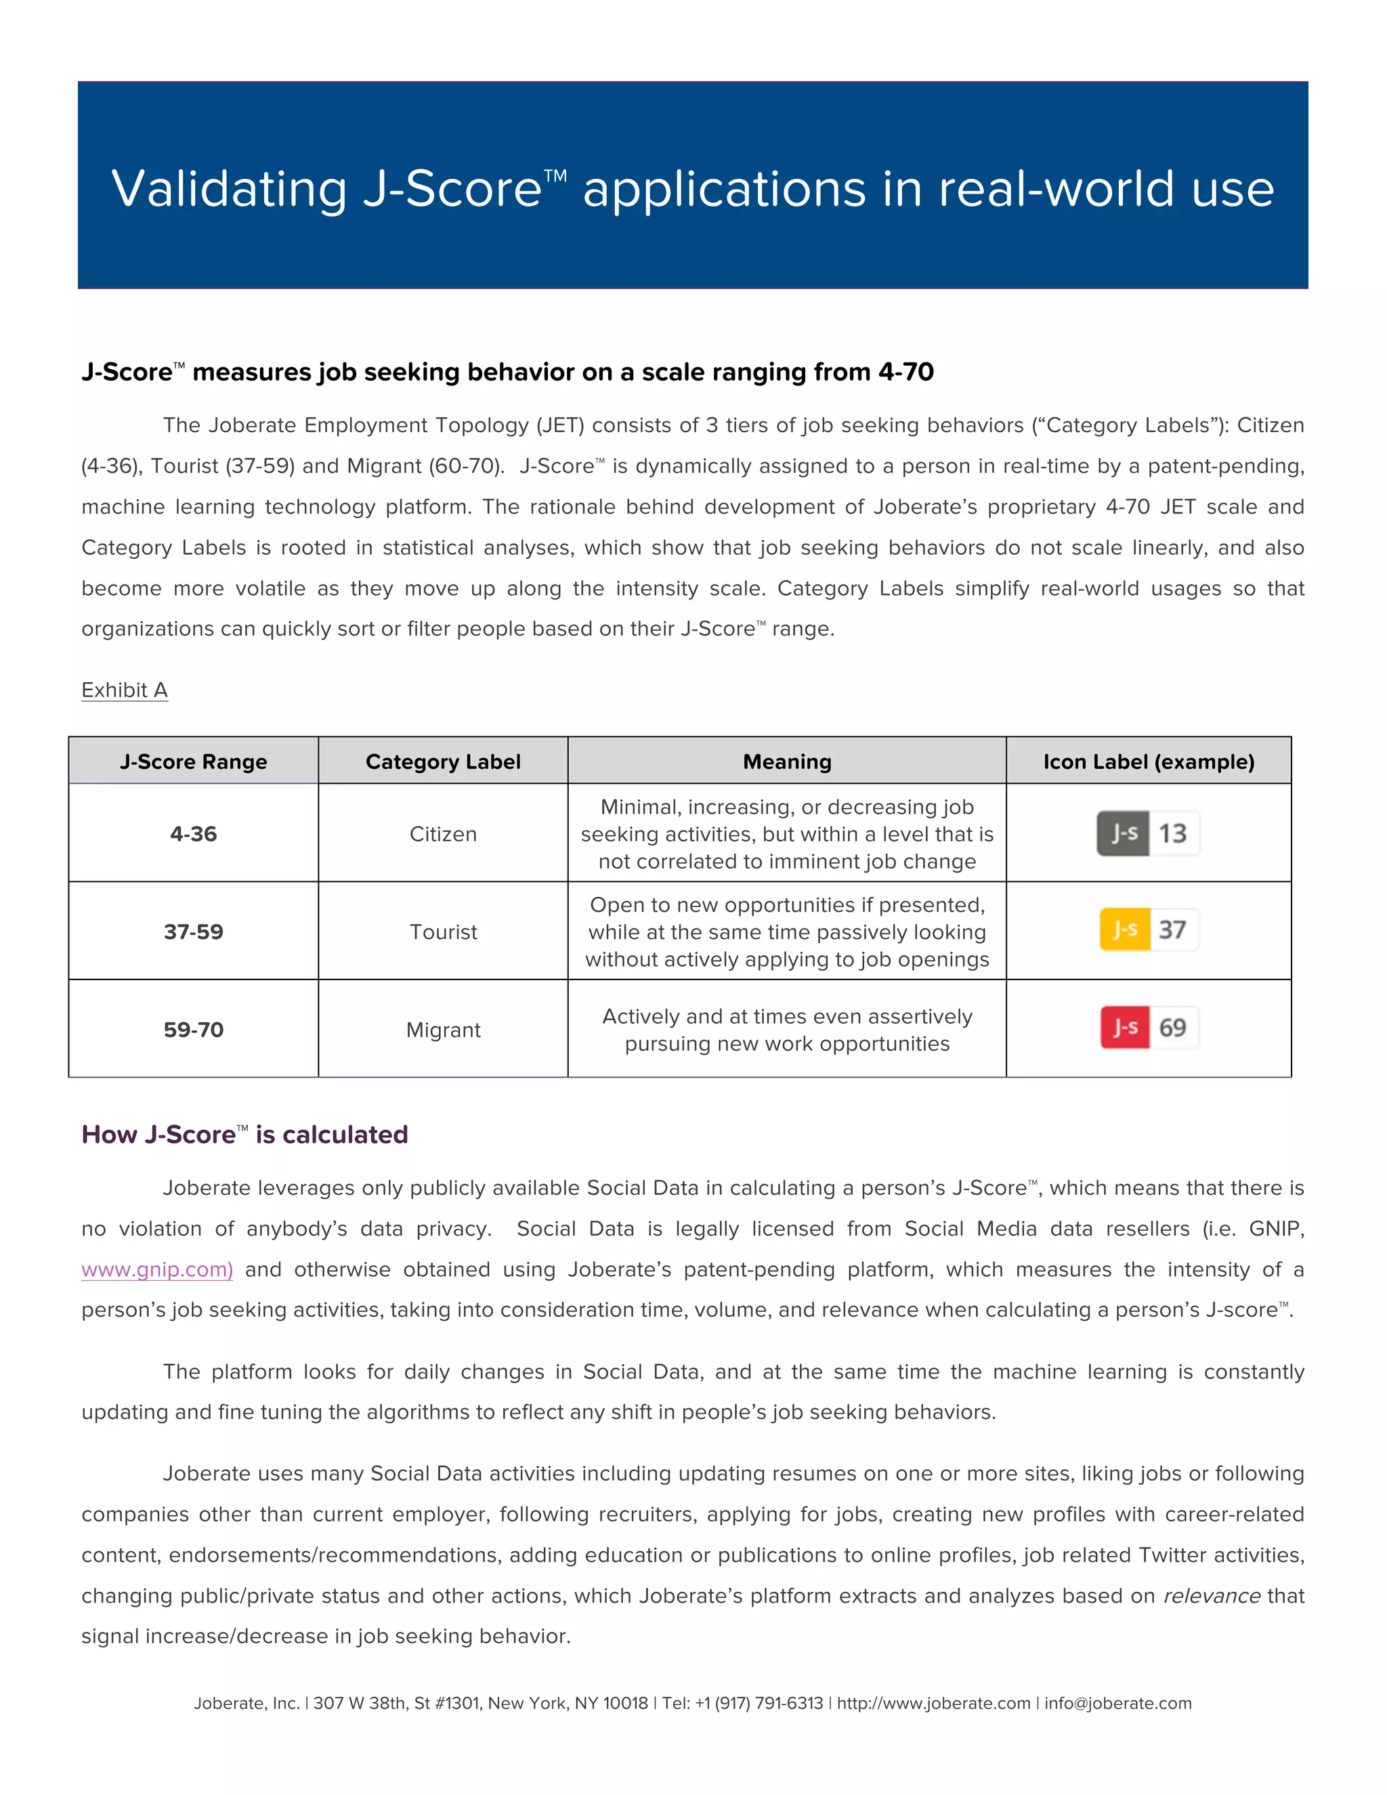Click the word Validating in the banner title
click(228, 190)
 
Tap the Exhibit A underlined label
click(125, 690)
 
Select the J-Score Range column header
click(194, 762)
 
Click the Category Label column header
click(443, 762)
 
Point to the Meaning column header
click(787, 762)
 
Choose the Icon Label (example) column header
click(1149, 762)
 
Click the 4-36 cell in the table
click(194, 835)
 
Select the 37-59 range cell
click(194, 932)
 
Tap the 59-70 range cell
click(194, 1030)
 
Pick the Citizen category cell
click(443, 835)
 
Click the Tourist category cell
click(443, 932)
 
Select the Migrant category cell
click(443, 1030)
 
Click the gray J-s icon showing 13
click(1148, 833)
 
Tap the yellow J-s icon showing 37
click(1149, 929)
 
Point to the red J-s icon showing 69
click(1149, 1028)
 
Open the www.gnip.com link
click(157, 1270)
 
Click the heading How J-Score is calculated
click(245, 1135)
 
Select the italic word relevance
click(1211, 1596)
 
